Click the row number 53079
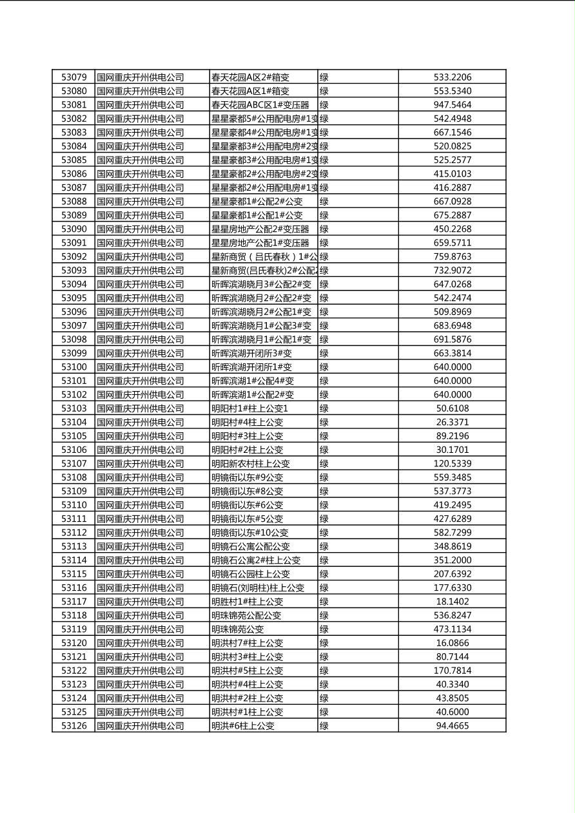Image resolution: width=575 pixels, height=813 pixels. click(x=73, y=77)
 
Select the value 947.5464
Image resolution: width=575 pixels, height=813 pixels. click(x=452, y=105)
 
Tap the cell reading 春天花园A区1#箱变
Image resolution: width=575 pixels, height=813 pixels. click(x=250, y=91)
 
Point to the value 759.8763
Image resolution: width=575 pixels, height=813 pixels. click(x=452, y=256)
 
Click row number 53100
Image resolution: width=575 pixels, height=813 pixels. click(x=73, y=367)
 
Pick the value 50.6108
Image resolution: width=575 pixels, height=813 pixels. click(x=452, y=408)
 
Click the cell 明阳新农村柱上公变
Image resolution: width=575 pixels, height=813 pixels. click(x=251, y=464)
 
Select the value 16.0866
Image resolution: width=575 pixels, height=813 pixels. click(x=452, y=643)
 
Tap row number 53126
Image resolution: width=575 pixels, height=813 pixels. click(x=73, y=726)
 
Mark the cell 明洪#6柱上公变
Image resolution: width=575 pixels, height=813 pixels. click(x=243, y=726)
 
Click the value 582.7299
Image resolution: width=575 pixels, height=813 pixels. click(x=452, y=533)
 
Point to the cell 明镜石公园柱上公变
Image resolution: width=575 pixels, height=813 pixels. click(x=251, y=574)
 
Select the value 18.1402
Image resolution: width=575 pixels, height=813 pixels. click(x=452, y=602)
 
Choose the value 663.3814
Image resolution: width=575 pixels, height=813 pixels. click(x=452, y=353)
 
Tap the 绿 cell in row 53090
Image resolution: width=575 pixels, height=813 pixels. click(x=324, y=229)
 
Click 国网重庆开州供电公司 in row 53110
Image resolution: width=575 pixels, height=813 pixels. click(x=140, y=505)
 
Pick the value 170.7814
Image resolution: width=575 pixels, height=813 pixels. click(x=452, y=671)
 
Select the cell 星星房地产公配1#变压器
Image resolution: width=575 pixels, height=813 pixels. click(x=260, y=243)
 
